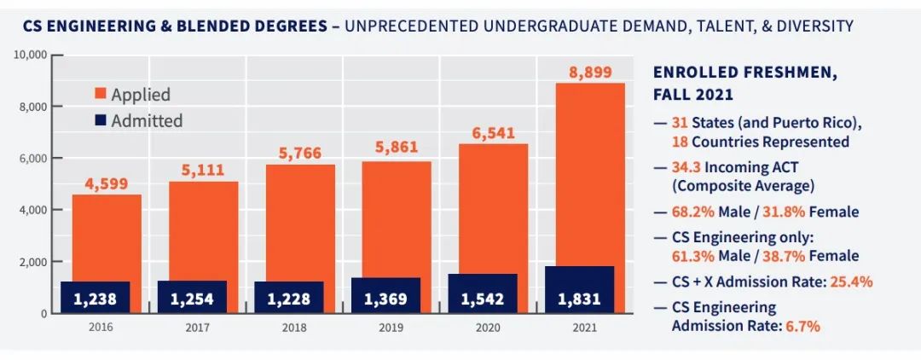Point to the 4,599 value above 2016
point(107,183)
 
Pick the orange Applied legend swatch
point(99,95)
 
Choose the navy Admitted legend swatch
point(99,121)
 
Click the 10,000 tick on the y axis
point(30,55)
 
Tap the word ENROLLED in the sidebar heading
point(696,73)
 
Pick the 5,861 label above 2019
point(397,147)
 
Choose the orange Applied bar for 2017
point(203,230)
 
